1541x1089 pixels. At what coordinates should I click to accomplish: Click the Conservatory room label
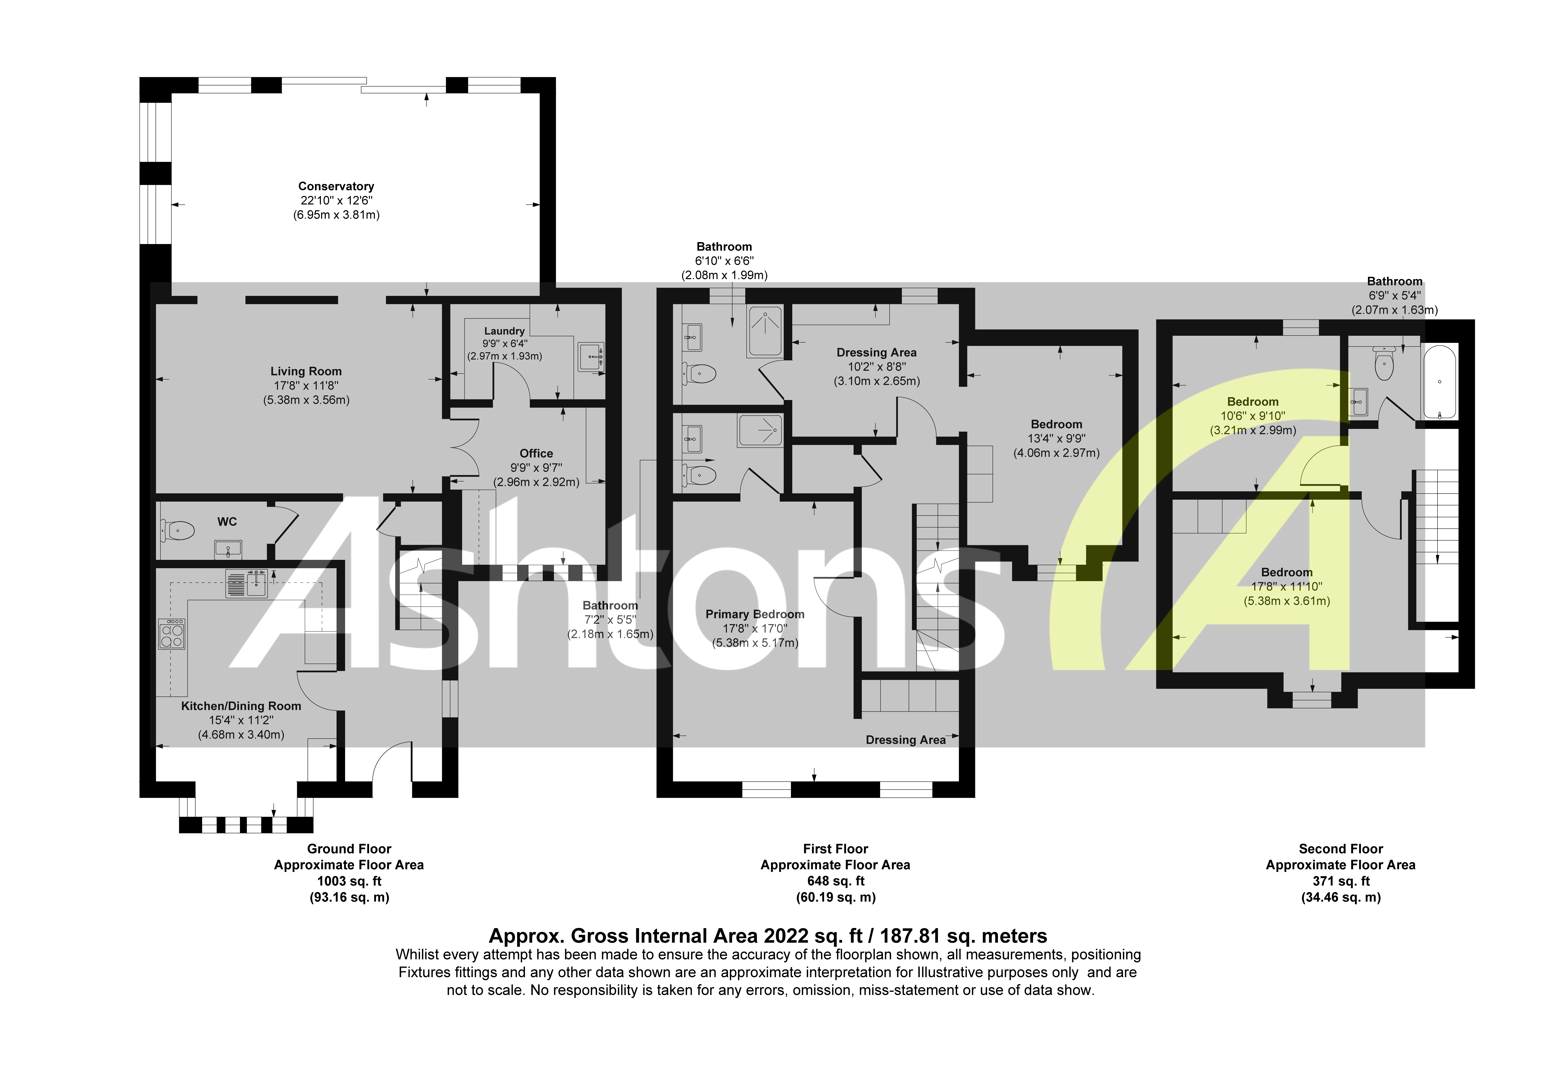point(336,186)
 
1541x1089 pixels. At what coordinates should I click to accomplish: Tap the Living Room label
point(306,371)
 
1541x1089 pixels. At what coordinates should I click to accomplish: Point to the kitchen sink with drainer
point(246,583)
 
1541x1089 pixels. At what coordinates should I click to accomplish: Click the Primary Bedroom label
point(754,614)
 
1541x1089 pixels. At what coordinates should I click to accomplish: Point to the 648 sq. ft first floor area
point(836,881)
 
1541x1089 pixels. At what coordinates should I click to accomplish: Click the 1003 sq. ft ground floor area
point(349,881)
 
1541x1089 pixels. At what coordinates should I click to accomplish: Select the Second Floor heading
point(1340,849)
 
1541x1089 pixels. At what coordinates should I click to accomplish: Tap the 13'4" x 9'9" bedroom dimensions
point(1056,438)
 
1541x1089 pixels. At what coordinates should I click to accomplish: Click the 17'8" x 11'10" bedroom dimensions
point(1287,587)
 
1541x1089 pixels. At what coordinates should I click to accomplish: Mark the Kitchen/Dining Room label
point(241,706)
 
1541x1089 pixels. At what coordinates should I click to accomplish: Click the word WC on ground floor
point(227,522)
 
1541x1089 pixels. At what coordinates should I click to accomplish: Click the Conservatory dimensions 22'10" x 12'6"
point(336,201)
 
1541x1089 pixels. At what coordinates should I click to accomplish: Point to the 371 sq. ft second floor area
point(1340,881)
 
